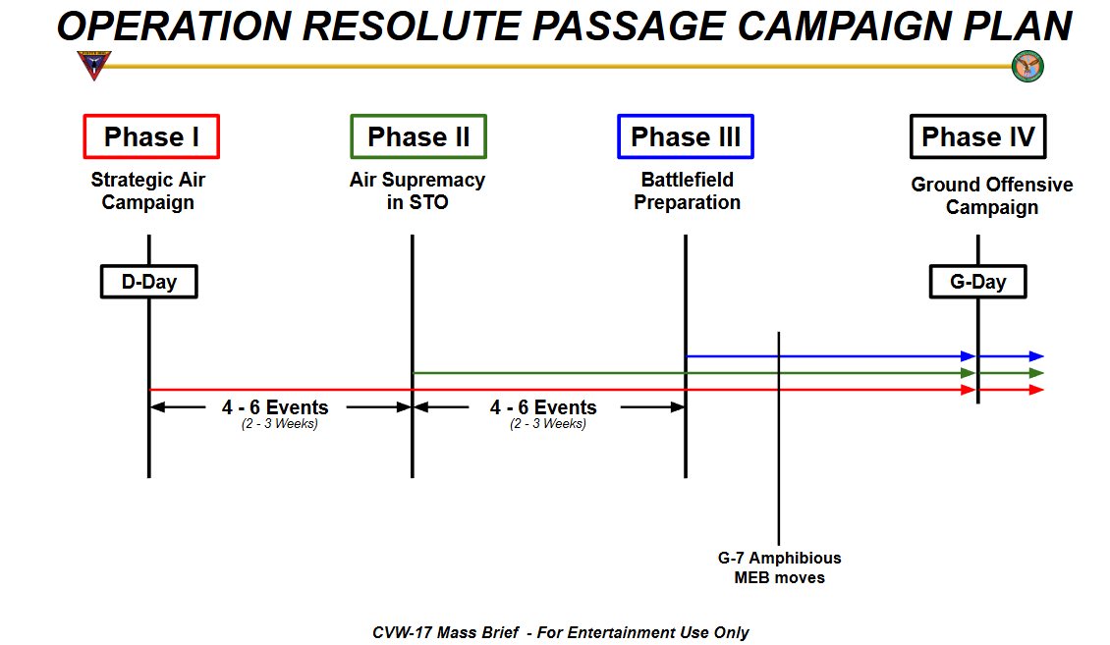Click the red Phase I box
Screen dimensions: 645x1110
coord(151,136)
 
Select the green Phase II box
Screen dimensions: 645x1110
coord(418,136)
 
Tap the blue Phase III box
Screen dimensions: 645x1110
coord(686,136)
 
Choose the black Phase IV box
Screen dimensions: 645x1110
coord(977,136)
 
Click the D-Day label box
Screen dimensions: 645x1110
coord(149,282)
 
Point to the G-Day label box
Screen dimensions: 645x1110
coord(977,282)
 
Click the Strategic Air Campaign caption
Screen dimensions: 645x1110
coord(148,191)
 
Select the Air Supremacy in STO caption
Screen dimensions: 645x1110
coord(417,191)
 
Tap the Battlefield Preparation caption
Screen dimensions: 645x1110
coord(687,191)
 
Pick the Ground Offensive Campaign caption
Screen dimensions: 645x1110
coord(991,196)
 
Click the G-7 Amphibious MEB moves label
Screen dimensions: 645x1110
coord(779,567)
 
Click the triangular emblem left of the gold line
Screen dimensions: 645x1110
coord(94,66)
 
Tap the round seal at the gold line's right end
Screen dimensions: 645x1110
coord(1027,67)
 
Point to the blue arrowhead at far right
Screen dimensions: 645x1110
coord(1036,356)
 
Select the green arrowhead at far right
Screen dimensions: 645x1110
coord(1036,373)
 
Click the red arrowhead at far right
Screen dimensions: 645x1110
coord(1036,390)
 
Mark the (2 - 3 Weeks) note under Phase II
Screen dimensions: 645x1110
coord(547,424)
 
